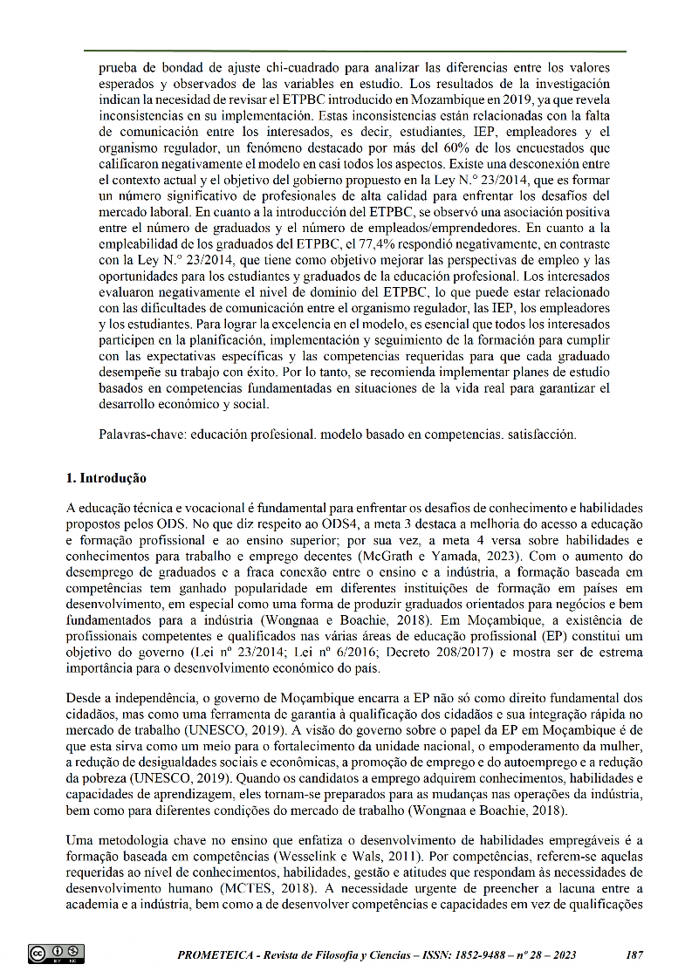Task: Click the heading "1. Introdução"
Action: click(x=106, y=478)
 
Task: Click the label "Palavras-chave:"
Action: click(x=142, y=434)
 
